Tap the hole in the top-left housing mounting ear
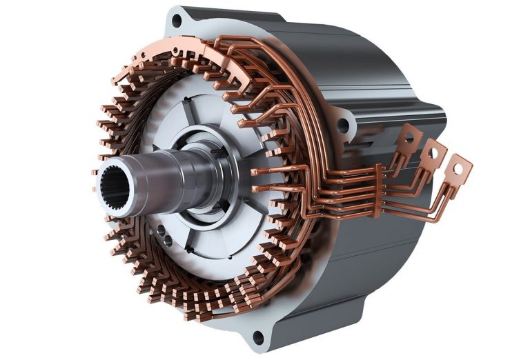point(177,21)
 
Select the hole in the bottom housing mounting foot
point(258,337)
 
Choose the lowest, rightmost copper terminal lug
point(458,168)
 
